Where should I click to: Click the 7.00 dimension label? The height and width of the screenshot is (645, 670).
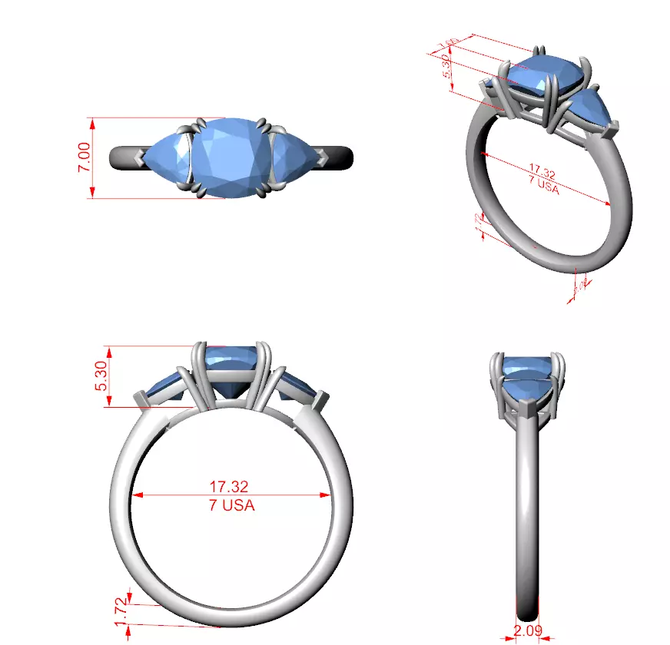tap(85, 158)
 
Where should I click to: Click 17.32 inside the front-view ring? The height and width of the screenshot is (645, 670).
tap(229, 488)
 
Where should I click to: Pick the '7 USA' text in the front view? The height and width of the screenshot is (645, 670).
tap(231, 505)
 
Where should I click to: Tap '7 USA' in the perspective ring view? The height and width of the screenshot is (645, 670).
tap(543, 187)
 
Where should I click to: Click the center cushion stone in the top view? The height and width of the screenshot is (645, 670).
tap(231, 157)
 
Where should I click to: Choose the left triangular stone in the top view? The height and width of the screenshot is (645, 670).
tap(167, 158)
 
